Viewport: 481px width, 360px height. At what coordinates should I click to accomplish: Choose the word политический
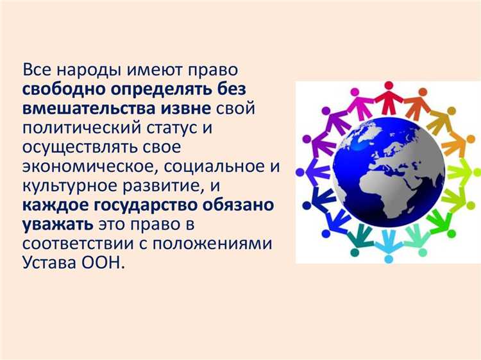(x=80, y=128)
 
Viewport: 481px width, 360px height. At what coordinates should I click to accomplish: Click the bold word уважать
(x=57, y=226)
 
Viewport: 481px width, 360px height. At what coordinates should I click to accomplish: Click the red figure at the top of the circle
(x=388, y=99)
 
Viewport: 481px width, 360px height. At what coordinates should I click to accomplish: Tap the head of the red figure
(x=389, y=86)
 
